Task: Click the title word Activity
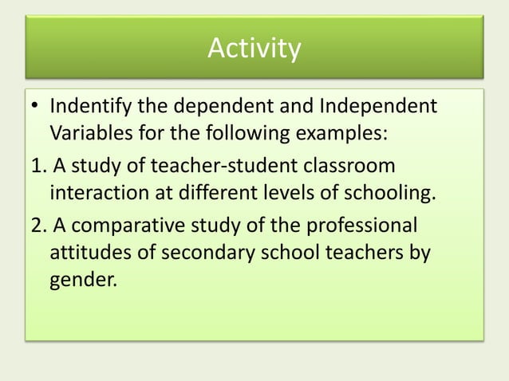click(254, 49)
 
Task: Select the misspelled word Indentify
click(94, 106)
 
